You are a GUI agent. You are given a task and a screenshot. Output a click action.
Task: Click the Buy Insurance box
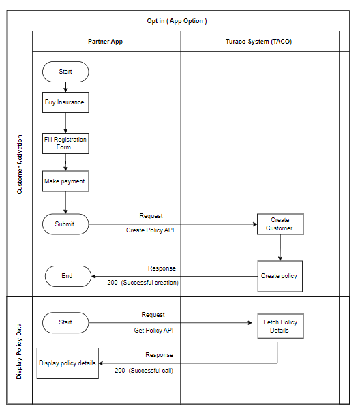(x=65, y=102)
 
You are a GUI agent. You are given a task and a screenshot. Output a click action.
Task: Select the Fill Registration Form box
(x=65, y=144)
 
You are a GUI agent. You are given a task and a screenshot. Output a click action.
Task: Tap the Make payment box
(x=65, y=181)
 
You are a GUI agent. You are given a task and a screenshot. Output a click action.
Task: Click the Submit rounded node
(x=65, y=224)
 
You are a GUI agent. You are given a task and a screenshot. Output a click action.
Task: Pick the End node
(x=68, y=276)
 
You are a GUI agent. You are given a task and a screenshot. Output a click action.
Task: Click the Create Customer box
(x=280, y=224)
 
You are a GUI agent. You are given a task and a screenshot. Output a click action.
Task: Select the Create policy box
(x=280, y=276)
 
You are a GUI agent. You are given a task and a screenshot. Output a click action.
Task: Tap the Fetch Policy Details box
(x=280, y=326)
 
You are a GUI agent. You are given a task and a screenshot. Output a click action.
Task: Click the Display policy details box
(x=67, y=363)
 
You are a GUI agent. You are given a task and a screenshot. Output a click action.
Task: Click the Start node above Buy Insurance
(x=65, y=72)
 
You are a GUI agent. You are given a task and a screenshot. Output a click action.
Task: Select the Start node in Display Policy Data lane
(x=65, y=322)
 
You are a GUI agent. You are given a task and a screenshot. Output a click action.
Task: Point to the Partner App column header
(x=106, y=42)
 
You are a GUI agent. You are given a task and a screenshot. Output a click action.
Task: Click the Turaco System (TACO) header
(x=258, y=42)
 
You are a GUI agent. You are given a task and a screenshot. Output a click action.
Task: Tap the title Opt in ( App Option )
(x=177, y=21)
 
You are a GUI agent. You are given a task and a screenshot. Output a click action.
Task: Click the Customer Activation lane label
(x=20, y=164)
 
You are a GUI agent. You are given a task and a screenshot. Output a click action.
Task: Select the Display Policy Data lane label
(x=19, y=351)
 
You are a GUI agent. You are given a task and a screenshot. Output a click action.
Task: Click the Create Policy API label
(x=150, y=230)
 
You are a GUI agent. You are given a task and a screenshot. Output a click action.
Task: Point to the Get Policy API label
(x=153, y=331)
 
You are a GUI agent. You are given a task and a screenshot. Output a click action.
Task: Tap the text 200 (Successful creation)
(x=142, y=283)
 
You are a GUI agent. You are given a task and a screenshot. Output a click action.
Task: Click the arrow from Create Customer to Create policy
(x=280, y=248)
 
